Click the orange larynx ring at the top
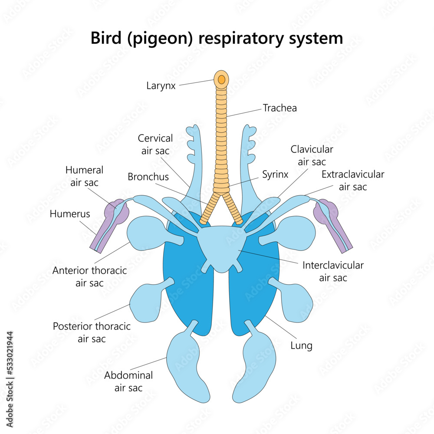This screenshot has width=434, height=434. (221, 79)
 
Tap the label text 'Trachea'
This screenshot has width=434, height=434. (280, 108)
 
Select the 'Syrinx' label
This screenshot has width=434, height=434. (275, 174)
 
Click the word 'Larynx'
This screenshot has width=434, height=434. (161, 85)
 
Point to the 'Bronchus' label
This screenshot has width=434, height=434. (148, 177)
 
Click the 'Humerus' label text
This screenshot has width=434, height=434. (70, 214)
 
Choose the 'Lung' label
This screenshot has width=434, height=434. (301, 345)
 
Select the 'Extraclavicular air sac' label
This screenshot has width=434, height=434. (353, 181)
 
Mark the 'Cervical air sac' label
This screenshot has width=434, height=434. (155, 145)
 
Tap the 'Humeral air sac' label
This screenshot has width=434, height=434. (85, 176)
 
